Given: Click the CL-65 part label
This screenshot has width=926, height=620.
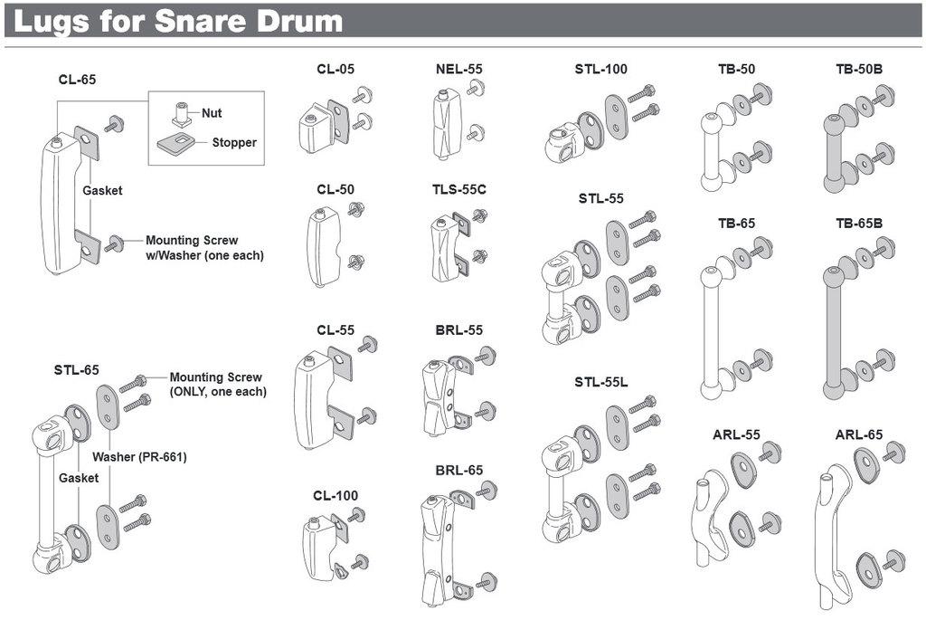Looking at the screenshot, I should coord(77,80).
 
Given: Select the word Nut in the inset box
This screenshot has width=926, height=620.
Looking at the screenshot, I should coord(212,113).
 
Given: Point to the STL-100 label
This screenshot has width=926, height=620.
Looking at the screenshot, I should coord(600,69).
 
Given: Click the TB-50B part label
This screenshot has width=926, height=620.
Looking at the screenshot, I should coord(858,69).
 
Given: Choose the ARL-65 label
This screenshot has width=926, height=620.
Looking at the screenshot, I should coord(858,434).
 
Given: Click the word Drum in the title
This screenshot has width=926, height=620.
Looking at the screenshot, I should coord(298,21).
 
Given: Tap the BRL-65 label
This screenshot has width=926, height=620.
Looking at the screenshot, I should coord(458,470).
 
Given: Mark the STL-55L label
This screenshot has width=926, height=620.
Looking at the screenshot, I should coord(601,382).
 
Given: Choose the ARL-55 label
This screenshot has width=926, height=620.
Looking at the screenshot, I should coord(735,434).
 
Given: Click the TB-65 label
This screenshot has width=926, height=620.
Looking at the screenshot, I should coord(736,223).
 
